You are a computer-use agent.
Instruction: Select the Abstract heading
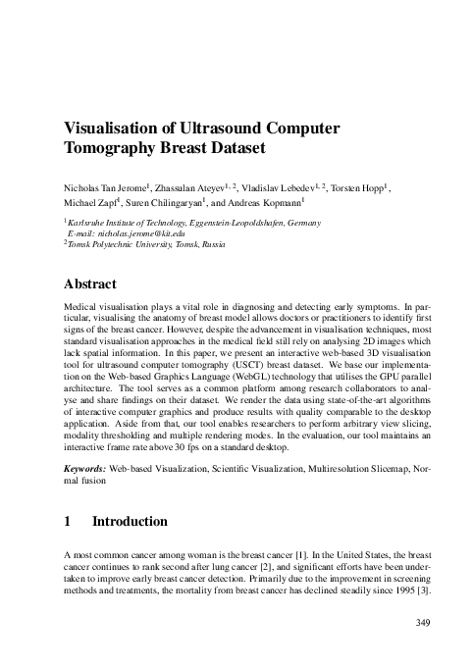pos(89,284)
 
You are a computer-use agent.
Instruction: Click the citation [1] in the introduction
pos(273,556)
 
